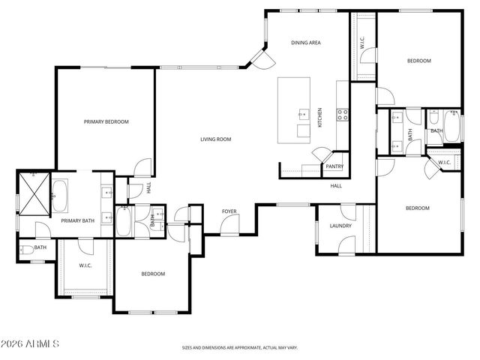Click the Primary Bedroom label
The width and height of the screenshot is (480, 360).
(106, 121)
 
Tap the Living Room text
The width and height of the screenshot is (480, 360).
(215, 139)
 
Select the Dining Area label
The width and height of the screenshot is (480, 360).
(306, 43)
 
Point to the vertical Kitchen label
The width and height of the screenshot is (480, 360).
(320, 117)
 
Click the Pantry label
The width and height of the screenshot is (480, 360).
(334, 166)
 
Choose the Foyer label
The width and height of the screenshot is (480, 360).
(229, 211)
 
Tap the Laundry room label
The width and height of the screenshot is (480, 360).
(340, 226)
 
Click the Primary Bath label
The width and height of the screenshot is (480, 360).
(76, 221)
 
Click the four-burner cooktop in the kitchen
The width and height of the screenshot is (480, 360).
(342, 115)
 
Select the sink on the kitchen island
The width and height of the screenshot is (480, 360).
(304, 115)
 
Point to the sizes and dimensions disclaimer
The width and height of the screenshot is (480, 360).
(240, 348)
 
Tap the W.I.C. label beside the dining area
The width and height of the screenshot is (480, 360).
(362, 43)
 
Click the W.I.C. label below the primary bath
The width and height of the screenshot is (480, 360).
(85, 265)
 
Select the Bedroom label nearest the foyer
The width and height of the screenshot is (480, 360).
(153, 274)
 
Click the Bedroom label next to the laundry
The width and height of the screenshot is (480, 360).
(417, 208)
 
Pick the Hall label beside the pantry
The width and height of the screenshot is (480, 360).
(336, 185)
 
